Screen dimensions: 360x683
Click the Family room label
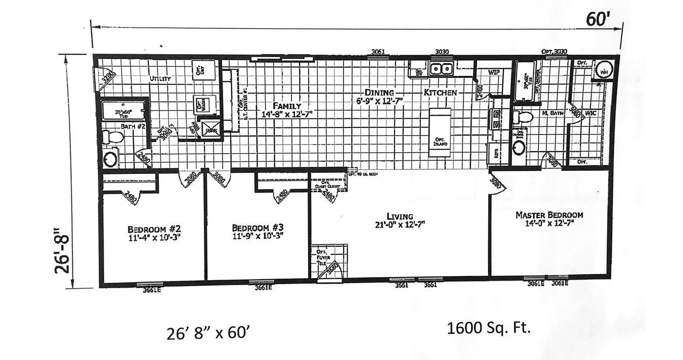point(287,106)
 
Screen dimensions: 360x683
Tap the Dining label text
point(379,93)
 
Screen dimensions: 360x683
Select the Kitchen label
point(440,93)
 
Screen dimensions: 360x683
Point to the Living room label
point(400,216)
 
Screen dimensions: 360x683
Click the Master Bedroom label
point(549,215)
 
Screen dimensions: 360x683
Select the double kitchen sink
point(441,68)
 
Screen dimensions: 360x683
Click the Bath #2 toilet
point(113,137)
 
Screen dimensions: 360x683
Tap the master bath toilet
point(523,117)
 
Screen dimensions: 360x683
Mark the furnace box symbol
point(209,128)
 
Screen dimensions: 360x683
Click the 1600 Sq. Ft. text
point(488,328)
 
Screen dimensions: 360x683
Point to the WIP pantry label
point(494,72)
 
